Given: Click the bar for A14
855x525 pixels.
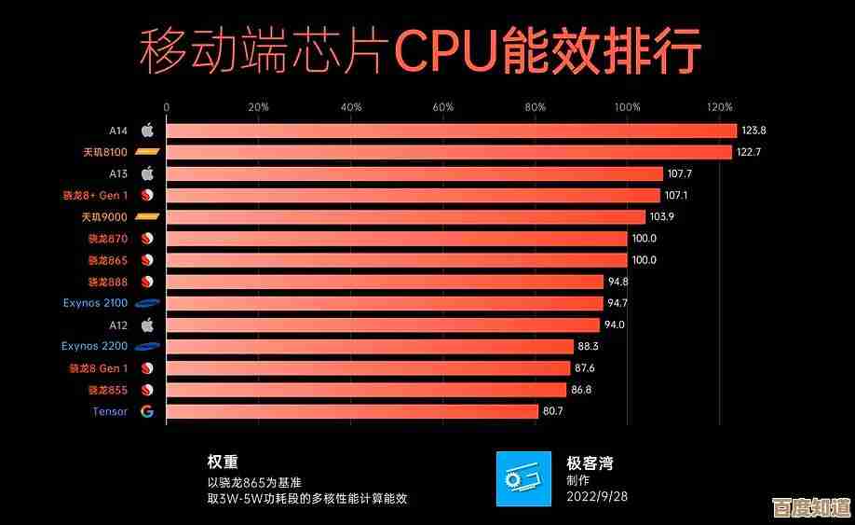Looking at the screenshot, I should click(451, 131).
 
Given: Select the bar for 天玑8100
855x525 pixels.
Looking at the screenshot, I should click(449, 152).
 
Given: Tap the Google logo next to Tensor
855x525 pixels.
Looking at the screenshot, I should click(147, 411).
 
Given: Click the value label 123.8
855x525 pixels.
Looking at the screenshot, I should click(754, 131).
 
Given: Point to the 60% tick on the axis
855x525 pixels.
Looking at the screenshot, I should click(442, 107).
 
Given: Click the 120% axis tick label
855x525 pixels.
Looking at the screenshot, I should click(719, 107).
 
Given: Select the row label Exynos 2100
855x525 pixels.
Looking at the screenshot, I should click(95, 303).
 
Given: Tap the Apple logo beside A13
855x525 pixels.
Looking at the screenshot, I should click(147, 173).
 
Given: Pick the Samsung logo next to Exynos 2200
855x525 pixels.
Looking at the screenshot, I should click(147, 347).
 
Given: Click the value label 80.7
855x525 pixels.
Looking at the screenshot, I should click(555, 411).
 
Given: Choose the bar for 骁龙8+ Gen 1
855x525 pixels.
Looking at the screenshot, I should click(413, 195).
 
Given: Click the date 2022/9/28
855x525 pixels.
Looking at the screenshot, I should click(598, 497).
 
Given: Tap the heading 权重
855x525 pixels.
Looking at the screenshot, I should click(223, 462).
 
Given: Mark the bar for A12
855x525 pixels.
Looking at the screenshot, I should click(383, 325).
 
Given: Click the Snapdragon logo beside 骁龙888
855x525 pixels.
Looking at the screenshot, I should click(147, 282).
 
